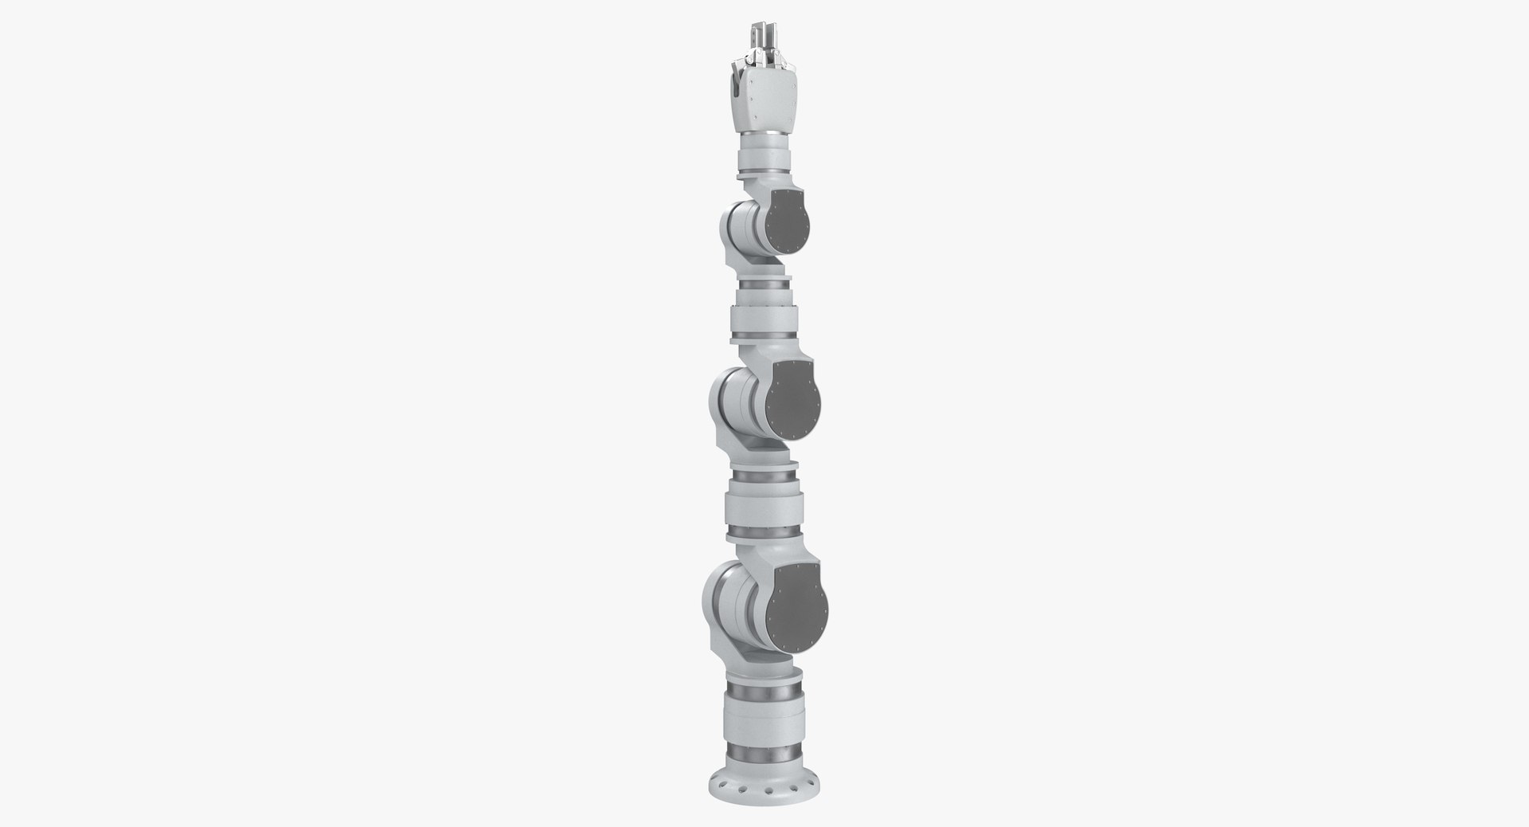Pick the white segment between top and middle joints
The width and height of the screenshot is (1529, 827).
762,312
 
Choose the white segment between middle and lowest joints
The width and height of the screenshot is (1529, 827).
762,505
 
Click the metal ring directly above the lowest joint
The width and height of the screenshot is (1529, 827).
763,533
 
